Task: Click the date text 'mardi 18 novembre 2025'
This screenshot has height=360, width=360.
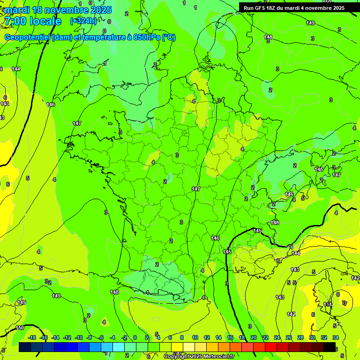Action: coord(58,10)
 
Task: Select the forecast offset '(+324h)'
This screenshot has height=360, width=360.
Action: coord(83,21)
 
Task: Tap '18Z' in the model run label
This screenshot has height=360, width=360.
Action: coord(272,8)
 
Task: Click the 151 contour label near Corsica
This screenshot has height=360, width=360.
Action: coord(328,304)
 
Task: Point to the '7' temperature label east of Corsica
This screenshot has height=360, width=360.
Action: coord(345,303)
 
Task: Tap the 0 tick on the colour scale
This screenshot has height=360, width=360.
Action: coord(135,337)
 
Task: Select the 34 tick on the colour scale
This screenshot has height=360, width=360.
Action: coord(336,337)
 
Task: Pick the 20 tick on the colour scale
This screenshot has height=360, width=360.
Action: coord(254,337)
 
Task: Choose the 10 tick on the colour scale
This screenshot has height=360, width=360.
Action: coord(195,337)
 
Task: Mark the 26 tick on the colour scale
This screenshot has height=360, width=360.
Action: coord(289,337)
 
